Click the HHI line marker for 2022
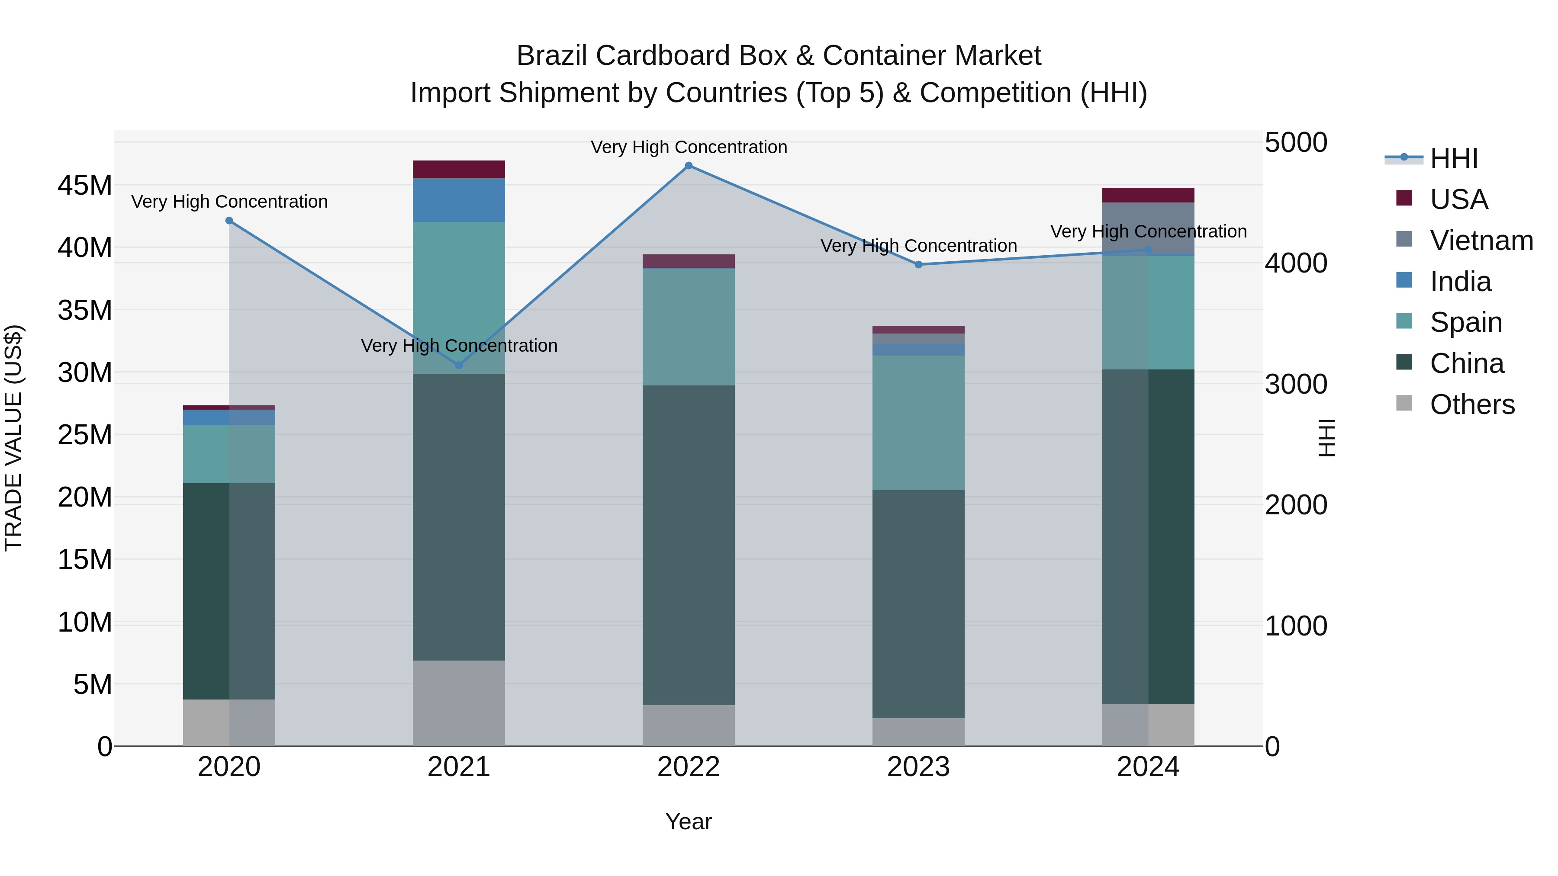coord(688,166)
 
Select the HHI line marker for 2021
coord(458,365)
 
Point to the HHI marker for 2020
coord(229,221)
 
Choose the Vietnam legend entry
coord(1481,241)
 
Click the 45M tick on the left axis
coord(85,185)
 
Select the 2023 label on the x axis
coord(918,767)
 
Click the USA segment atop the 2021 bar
coord(458,169)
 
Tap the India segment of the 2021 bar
coord(458,200)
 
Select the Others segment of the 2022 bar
coord(688,725)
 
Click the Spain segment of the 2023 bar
coord(918,423)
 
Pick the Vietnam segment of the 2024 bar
coord(1148,228)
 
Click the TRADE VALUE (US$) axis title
coord(13,438)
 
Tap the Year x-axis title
coord(688,821)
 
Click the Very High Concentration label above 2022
coord(688,147)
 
